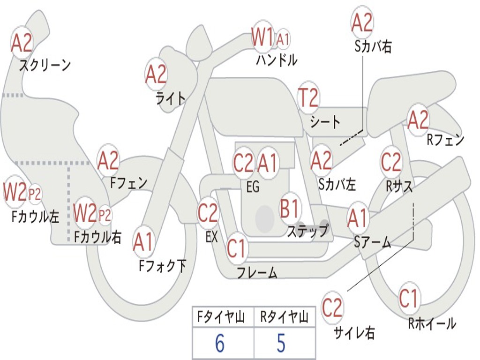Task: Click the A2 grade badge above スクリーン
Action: pyautogui.click(x=22, y=43)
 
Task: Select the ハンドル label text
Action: pyautogui.click(x=277, y=60)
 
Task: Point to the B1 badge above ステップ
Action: pyautogui.click(x=290, y=208)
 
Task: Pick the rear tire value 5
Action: pyautogui.click(x=281, y=344)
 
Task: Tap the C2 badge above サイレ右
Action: pyautogui.click(x=332, y=308)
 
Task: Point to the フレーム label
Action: pyautogui.click(x=257, y=272)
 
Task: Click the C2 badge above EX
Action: pyautogui.click(x=208, y=213)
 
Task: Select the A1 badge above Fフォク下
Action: pyautogui.click(x=143, y=242)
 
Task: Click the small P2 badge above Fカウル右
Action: pyautogui.click(x=105, y=215)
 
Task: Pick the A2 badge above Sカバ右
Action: pyautogui.click(x=362, y=22)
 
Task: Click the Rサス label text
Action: pyautogui.click(x=399, y=186)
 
